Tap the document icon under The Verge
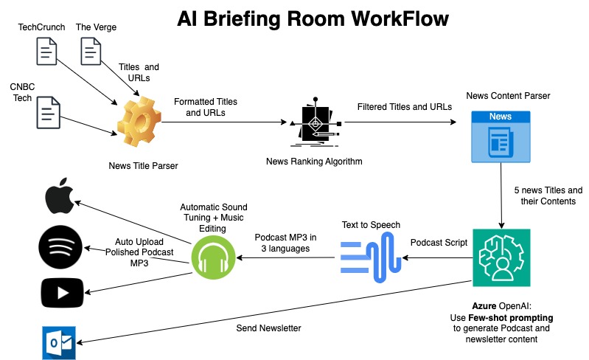(x=91, y=52)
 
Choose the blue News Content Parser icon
(x=501, y=136)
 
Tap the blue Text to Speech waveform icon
(x=372, y=258)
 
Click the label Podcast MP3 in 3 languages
(x=285, y=243)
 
